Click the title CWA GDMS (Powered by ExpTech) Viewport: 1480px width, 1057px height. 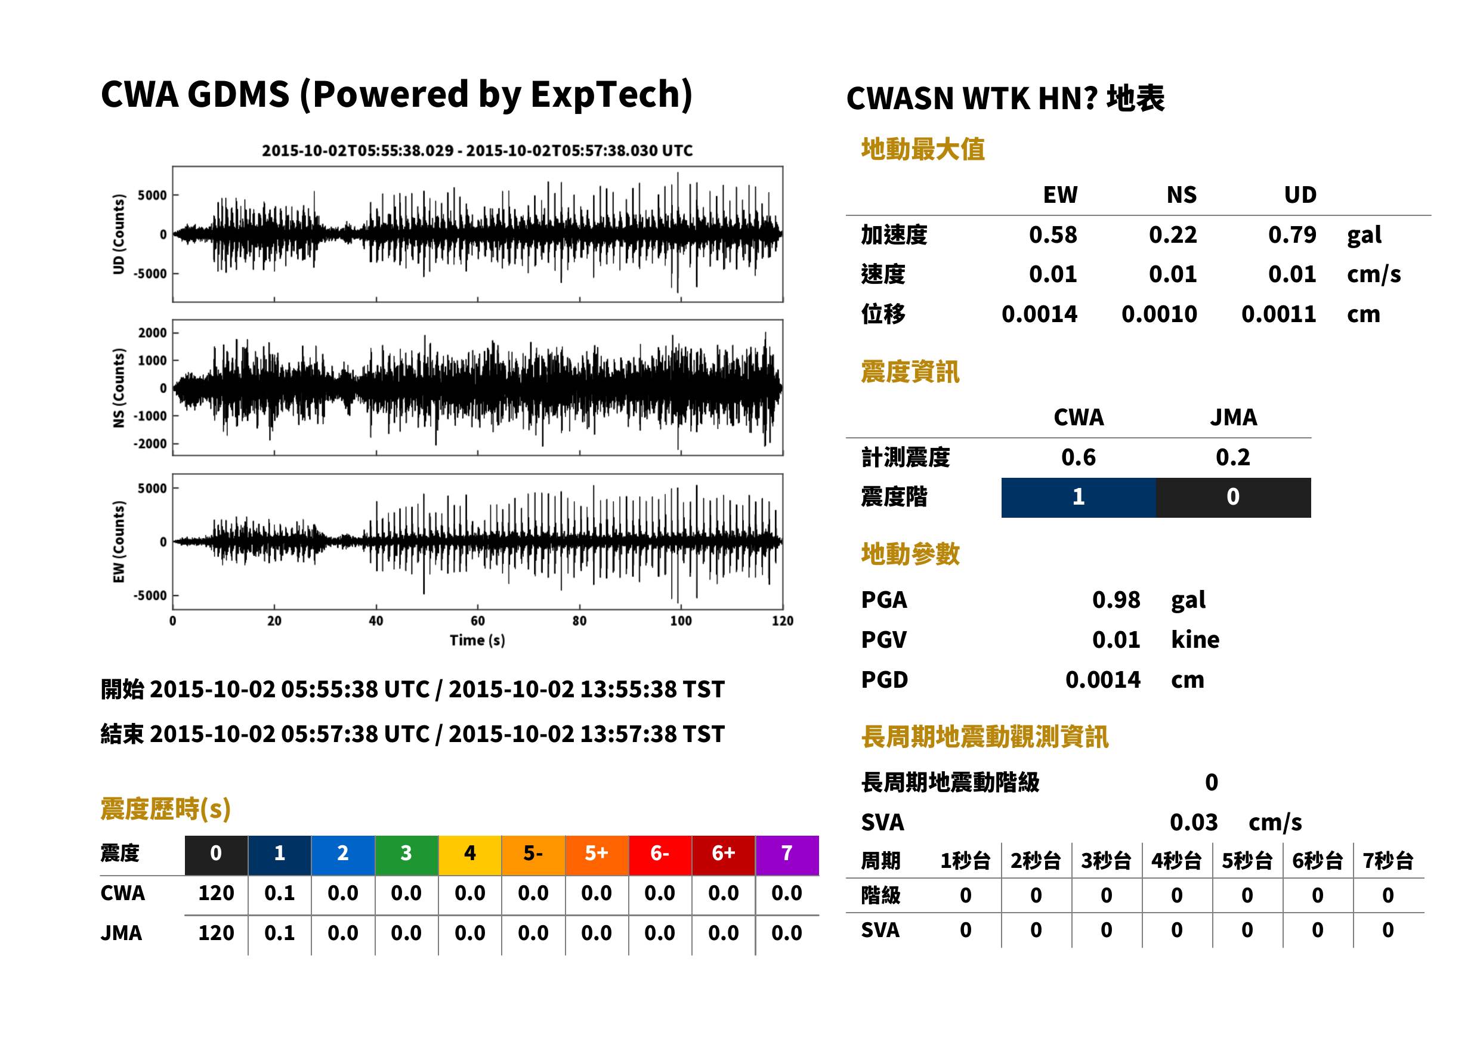[x=396, y=95]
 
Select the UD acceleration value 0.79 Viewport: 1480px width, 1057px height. [x=1292, y=235]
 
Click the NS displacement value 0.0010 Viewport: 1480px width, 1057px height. [x=1159, y=314]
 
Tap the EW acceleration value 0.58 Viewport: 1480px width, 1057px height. [x=1053, y=235]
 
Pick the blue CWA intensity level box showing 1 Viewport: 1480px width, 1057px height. [x=1079, y=497]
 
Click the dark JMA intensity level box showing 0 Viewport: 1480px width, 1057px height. [x=1234, y=497]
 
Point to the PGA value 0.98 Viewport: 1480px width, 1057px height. [x=1116, y=599]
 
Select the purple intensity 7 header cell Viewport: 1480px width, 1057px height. [x=787, y=855]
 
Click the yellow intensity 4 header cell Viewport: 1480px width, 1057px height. [x=470, y=855]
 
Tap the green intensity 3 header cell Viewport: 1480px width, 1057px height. [x=407, y=855]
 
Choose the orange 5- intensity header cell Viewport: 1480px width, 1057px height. [x=533, y=855]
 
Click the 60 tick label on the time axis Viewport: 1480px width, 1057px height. [x=478, y=621]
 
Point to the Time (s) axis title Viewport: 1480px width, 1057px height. [x=477, y=641]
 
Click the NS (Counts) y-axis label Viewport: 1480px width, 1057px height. [x=119, y=388]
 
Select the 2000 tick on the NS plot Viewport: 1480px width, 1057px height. [x=152, y=333]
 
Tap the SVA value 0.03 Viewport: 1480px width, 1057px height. [x=1194, y=823]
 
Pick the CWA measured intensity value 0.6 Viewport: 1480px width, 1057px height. [x=1079, y=458]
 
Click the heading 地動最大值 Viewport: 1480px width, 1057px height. [x=923, y=150]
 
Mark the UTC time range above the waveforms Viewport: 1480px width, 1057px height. [x=477, y=151]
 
